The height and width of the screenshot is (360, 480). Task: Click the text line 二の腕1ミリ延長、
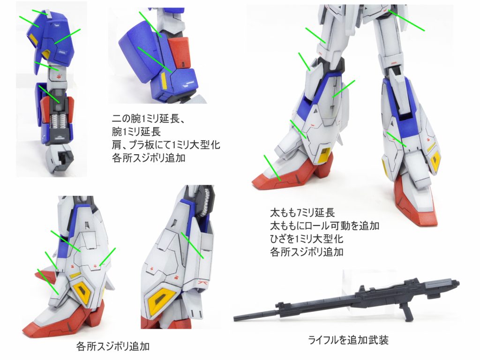149,119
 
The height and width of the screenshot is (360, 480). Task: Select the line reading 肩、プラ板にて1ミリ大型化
166,145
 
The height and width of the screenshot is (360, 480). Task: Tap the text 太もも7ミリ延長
302,212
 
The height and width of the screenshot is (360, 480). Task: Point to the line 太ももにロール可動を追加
325,225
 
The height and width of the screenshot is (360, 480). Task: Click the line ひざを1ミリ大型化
307,239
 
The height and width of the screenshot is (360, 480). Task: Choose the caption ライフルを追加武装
348,340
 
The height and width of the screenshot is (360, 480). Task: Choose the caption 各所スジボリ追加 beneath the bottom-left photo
112,346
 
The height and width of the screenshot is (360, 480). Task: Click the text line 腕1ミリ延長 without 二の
136,132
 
